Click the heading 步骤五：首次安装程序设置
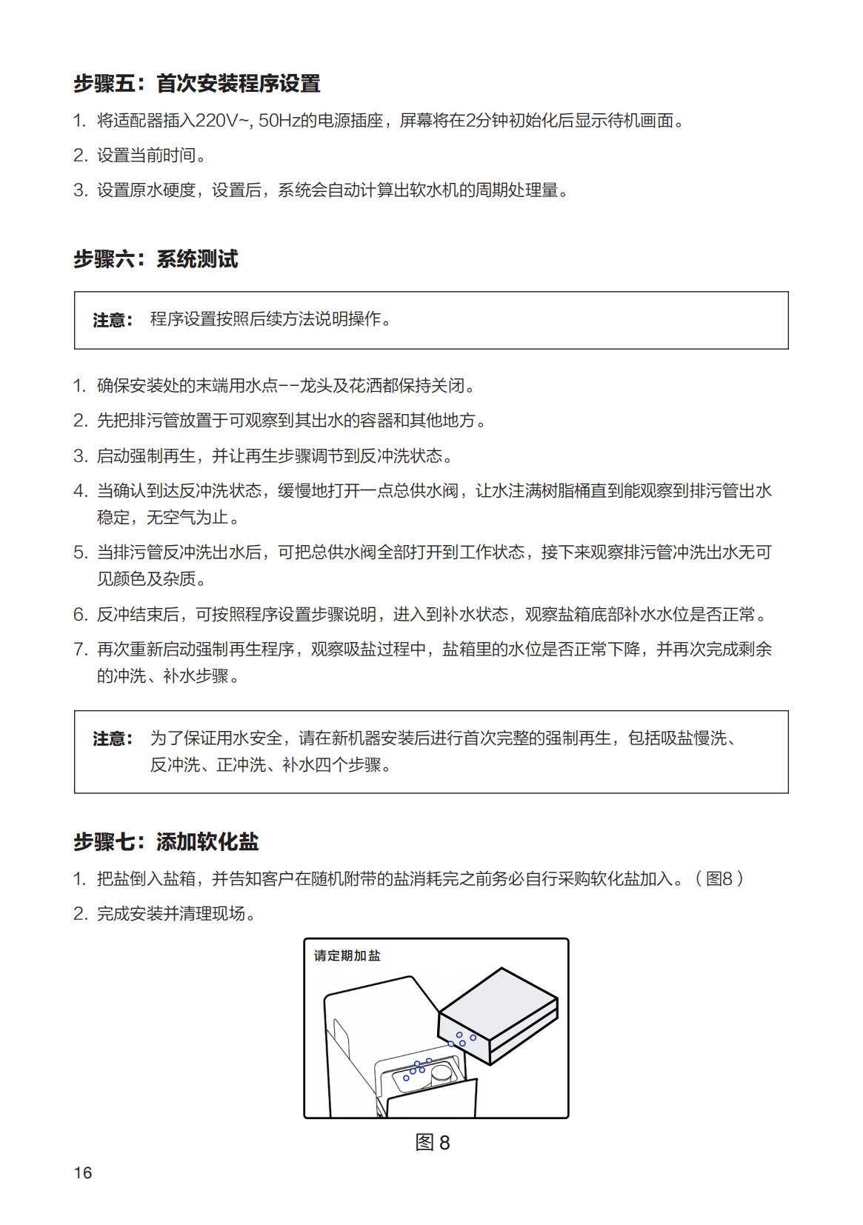[196, 84]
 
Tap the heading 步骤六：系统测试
[156, 259]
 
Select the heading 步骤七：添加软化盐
[166, 841]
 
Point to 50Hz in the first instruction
[279, 121]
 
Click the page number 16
[83, 1172]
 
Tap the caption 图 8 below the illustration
[433, 1142]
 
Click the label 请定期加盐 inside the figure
[347, 955]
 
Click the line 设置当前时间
[152, 156]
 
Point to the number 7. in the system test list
[81, 650]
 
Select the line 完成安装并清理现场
[176, 914]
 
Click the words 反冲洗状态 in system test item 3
[401, 456]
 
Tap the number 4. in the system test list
[81, 491]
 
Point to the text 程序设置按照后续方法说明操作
[271, 319]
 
